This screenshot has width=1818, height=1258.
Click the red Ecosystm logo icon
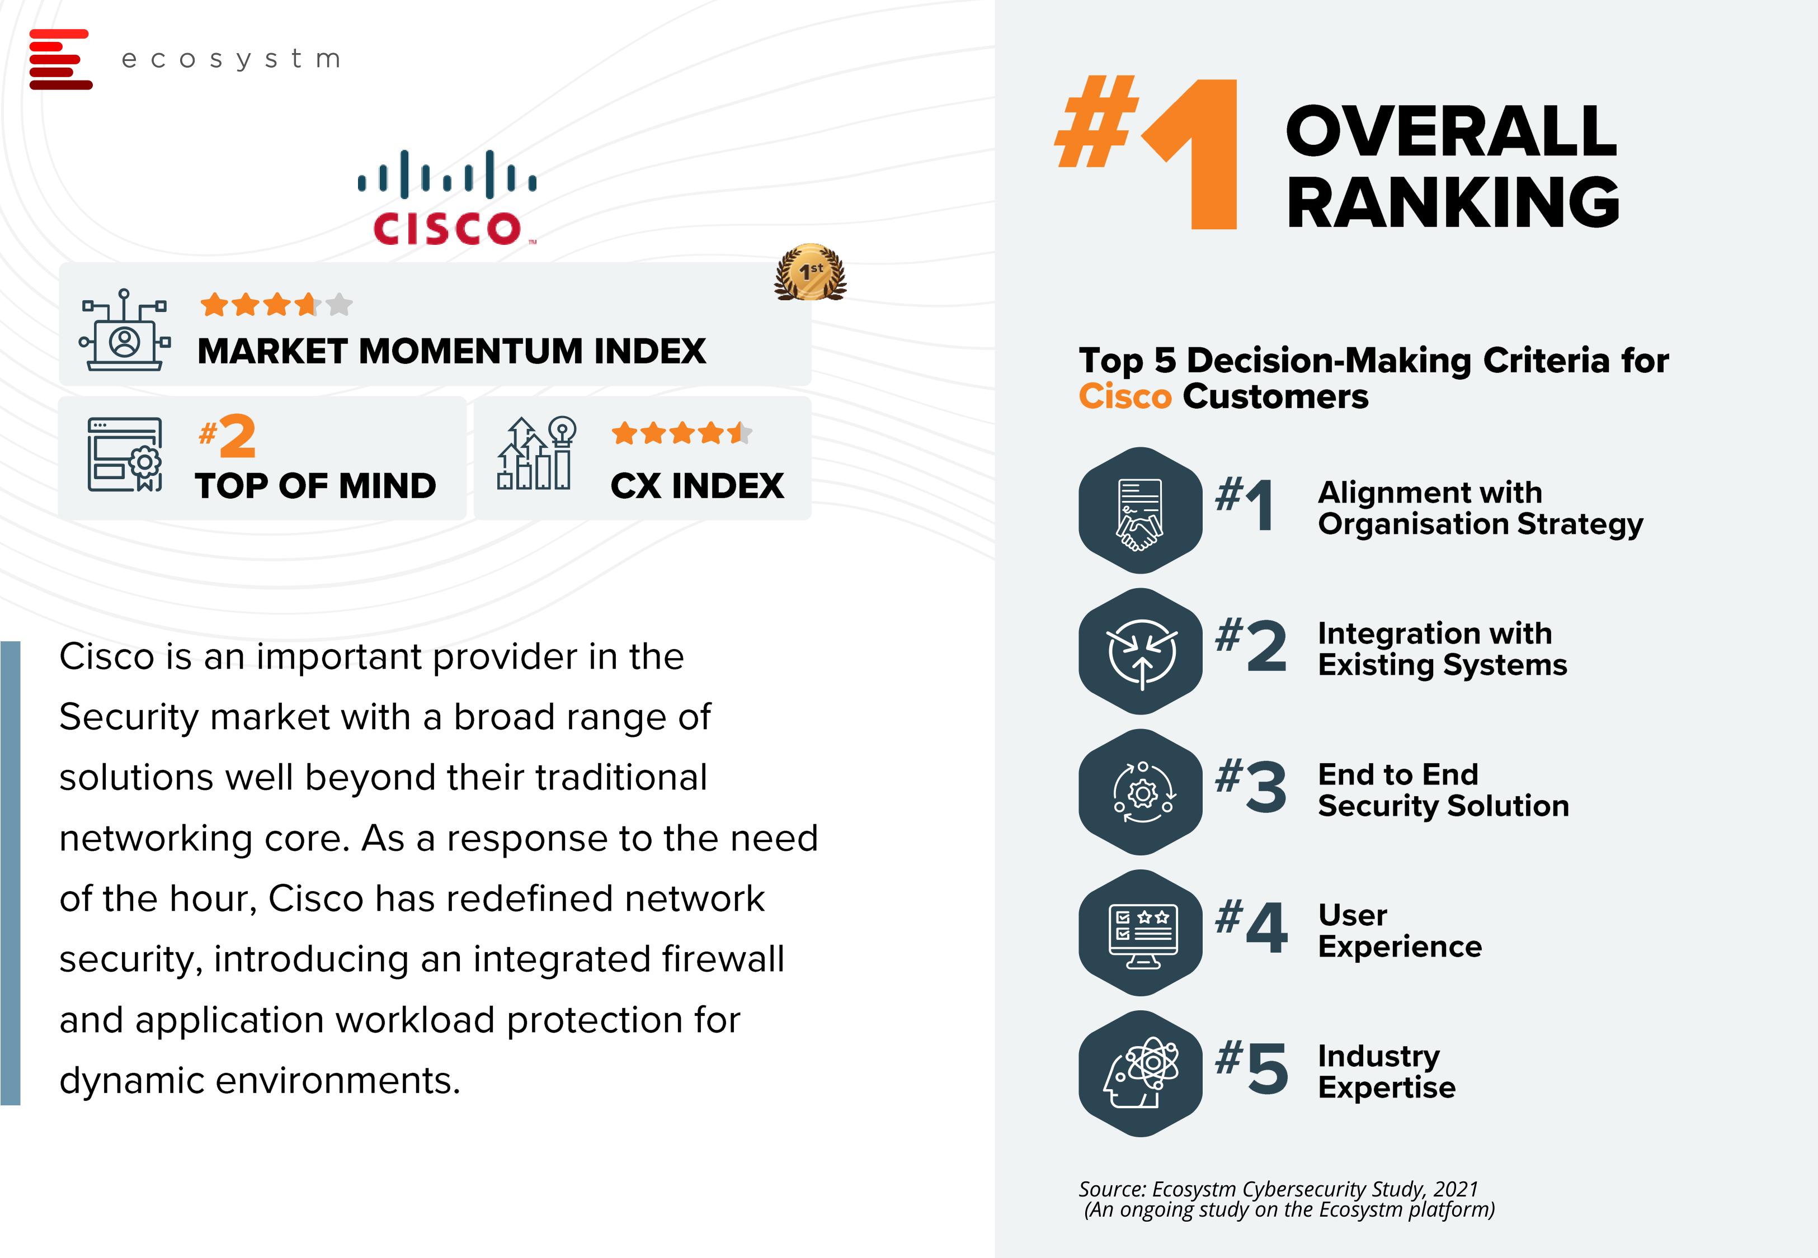coord(61,59)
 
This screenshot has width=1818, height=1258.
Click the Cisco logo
coord(447,197)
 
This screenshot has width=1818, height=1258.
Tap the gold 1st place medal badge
coord(811,272)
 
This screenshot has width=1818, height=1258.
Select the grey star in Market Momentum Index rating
coord(339,304)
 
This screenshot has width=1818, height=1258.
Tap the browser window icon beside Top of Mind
coord(125,455)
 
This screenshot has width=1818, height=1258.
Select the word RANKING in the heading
coord(1453,202)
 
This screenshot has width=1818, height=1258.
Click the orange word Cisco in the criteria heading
coord(1125,396)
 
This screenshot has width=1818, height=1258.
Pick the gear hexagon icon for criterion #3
coord(1140,792)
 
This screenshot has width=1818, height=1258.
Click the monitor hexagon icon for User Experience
coord(1140,933)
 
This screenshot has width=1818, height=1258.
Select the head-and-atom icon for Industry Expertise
coord(1140,1073)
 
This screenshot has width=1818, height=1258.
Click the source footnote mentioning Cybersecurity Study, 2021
coord(1286,1199)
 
